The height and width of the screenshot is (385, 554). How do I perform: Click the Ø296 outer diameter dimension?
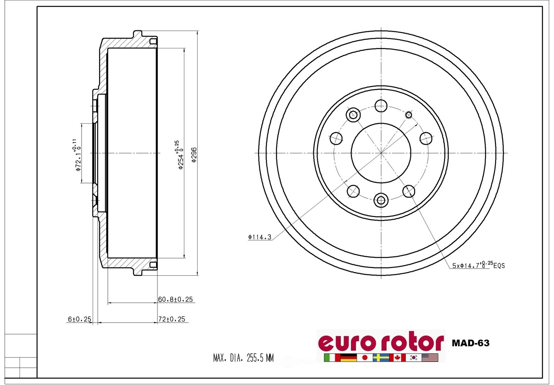click(x=194, y=155)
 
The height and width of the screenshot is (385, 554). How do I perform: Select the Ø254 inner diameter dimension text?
click(x=179, y=155)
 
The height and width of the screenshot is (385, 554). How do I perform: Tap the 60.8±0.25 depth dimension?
click(x=175, y=299)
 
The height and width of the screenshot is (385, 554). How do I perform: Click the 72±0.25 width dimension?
click(x=172, y=319)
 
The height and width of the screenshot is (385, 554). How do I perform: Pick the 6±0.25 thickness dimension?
click(x=79, y=319)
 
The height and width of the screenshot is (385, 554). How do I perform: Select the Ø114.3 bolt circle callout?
click(x=260, y=237)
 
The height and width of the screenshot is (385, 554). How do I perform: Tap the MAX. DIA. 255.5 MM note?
click(x=243, y=358)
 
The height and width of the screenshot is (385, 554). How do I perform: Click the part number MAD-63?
click(x=471, y=343)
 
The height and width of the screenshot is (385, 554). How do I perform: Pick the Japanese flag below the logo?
click(x=365, y=357)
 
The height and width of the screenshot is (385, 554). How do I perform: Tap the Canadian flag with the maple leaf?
click(x=397, y=357)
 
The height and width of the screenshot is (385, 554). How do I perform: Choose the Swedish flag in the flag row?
click(x=381, y=357)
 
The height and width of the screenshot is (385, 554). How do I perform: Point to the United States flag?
click(x=430, y=357)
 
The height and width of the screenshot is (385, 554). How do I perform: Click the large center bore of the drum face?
click(x=381, y=153)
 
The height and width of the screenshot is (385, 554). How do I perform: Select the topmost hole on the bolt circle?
click(x=381, y=106)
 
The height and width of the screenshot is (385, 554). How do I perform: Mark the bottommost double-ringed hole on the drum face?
click(x=381, y=200)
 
